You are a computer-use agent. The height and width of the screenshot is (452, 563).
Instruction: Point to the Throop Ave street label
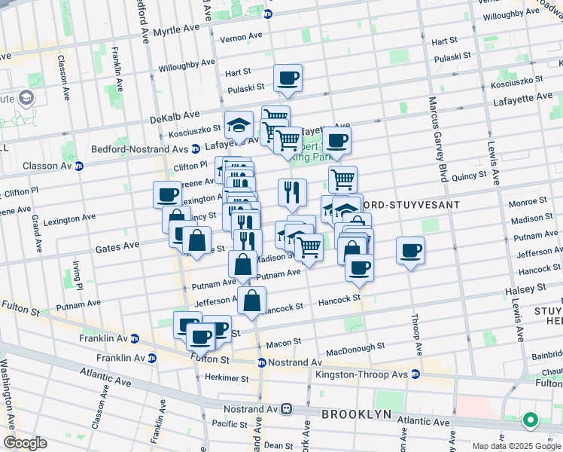coord(416,334)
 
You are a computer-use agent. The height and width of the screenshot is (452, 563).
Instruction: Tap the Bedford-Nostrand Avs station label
coord(139,149)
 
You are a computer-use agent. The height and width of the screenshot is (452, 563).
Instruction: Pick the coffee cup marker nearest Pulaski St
coord(288,78)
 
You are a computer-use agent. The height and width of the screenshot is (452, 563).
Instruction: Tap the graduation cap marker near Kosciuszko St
coord(239,124)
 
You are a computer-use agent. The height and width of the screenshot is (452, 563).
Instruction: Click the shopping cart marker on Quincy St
coord(342,179)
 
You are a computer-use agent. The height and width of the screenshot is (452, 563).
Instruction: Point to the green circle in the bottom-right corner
coord(531,420)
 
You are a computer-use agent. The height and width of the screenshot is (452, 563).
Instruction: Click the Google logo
coord(26,442)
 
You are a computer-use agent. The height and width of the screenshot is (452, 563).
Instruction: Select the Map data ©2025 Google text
coord(516,446)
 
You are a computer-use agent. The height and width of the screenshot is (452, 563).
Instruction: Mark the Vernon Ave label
coord(240,36)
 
